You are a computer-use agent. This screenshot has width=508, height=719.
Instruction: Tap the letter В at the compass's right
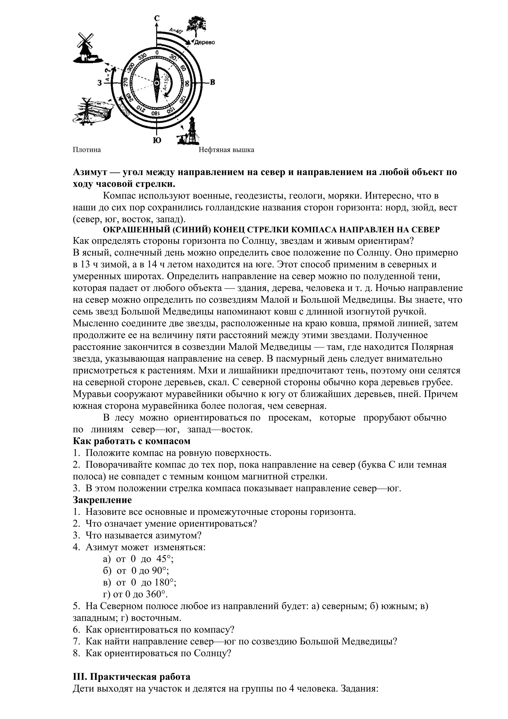tap(212, 83)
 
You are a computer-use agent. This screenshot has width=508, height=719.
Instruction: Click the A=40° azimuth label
tap(176, 32)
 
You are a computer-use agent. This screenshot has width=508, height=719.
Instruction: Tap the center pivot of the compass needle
tap(157, 83)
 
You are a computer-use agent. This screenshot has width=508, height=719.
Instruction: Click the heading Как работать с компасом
tap(131, 441)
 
